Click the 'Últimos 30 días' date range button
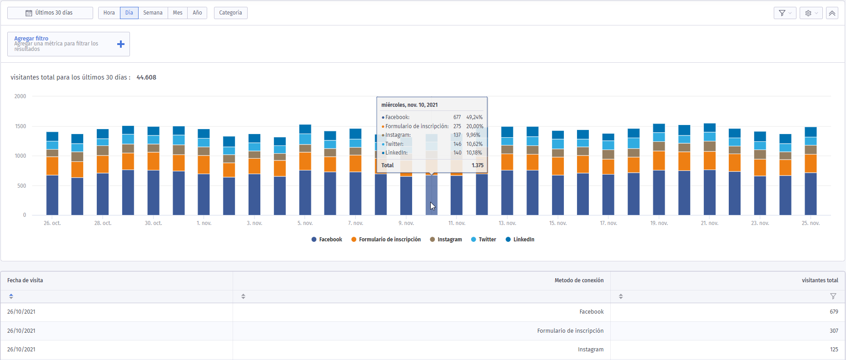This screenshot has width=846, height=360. point(50,13)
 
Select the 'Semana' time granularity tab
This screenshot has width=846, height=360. point(153,13)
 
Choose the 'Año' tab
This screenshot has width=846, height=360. point(197,13)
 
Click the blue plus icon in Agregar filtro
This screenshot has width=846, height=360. point(121,44)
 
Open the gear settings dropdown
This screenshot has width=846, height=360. point(811,13)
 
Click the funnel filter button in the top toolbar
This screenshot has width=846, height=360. point(785,13)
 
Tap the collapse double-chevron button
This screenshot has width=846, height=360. point(832,13)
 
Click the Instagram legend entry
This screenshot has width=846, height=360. point(446,240)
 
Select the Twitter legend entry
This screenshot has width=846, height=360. point(483,240)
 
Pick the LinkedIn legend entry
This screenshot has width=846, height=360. point(520,240)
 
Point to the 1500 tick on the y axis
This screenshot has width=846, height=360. point(20,126)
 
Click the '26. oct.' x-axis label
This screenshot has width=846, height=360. point(52,223)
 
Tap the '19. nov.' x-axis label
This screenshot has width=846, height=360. point(659,223)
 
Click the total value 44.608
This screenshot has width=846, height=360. point(146,77)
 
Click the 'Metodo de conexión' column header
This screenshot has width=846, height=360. point(579,280)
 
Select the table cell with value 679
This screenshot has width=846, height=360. point(834,312)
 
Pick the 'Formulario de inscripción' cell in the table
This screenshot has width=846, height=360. point(570,331)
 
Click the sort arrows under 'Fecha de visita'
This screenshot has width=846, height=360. point(11,296)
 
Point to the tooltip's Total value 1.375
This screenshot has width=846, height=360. point(478,165)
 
